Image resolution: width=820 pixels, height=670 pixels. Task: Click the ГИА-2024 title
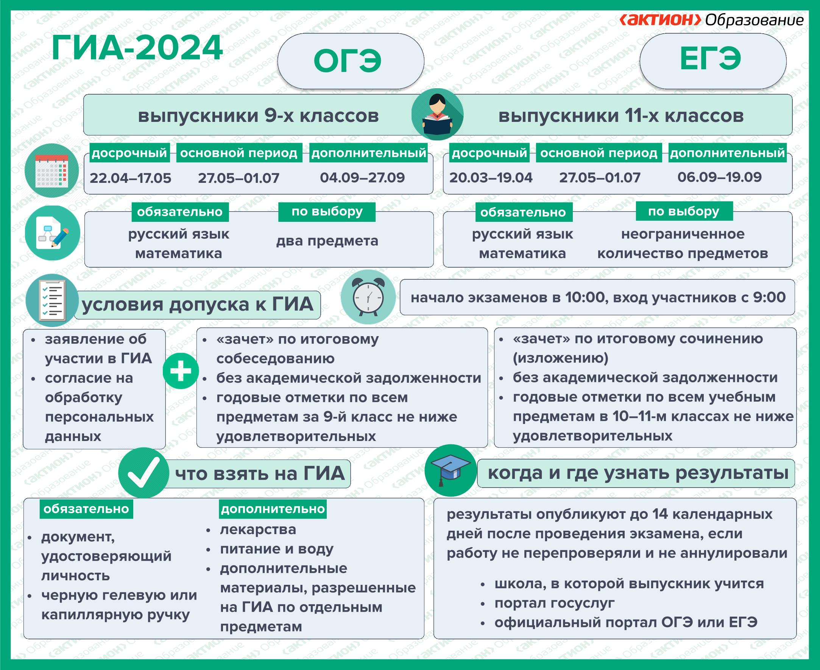[x=137, y=48]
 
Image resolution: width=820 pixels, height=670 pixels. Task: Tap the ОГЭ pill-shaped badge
[x=351, y=61]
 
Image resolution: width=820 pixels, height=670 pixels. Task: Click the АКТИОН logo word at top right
[x=660, y=20]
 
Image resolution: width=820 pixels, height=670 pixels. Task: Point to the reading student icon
[x=438, y=114]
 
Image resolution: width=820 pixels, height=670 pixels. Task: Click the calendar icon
[x=52, y=171]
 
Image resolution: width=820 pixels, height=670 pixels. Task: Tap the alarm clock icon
[x=368, y=297]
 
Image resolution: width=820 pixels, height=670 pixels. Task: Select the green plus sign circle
[x=181, y=371]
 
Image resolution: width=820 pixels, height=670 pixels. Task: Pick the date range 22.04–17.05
[x=131, y=178]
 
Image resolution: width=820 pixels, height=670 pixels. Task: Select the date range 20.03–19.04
[x=491, y=178]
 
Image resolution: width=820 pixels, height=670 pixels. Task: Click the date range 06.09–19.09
[x=720, y=177]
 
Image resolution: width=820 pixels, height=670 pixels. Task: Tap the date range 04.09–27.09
[x=362, y=178]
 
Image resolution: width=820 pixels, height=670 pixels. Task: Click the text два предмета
[x=327, y=241]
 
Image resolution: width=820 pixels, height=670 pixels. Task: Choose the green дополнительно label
[x=273, y=509]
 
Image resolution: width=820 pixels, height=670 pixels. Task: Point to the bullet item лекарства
[x=258, y=530]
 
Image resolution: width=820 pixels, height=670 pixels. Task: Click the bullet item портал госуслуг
[x=555, y=603]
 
